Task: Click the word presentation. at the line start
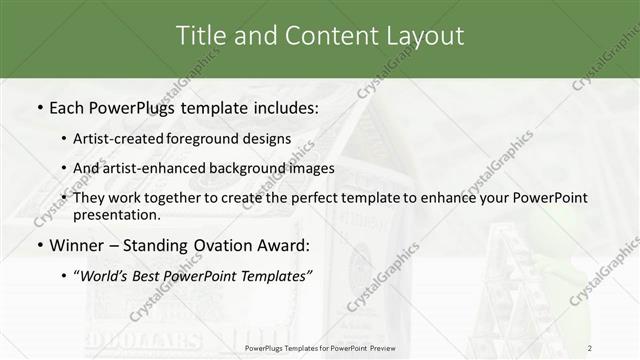[116, 214]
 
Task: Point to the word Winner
[78, 246]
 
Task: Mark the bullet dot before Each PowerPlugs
[39, 107]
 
